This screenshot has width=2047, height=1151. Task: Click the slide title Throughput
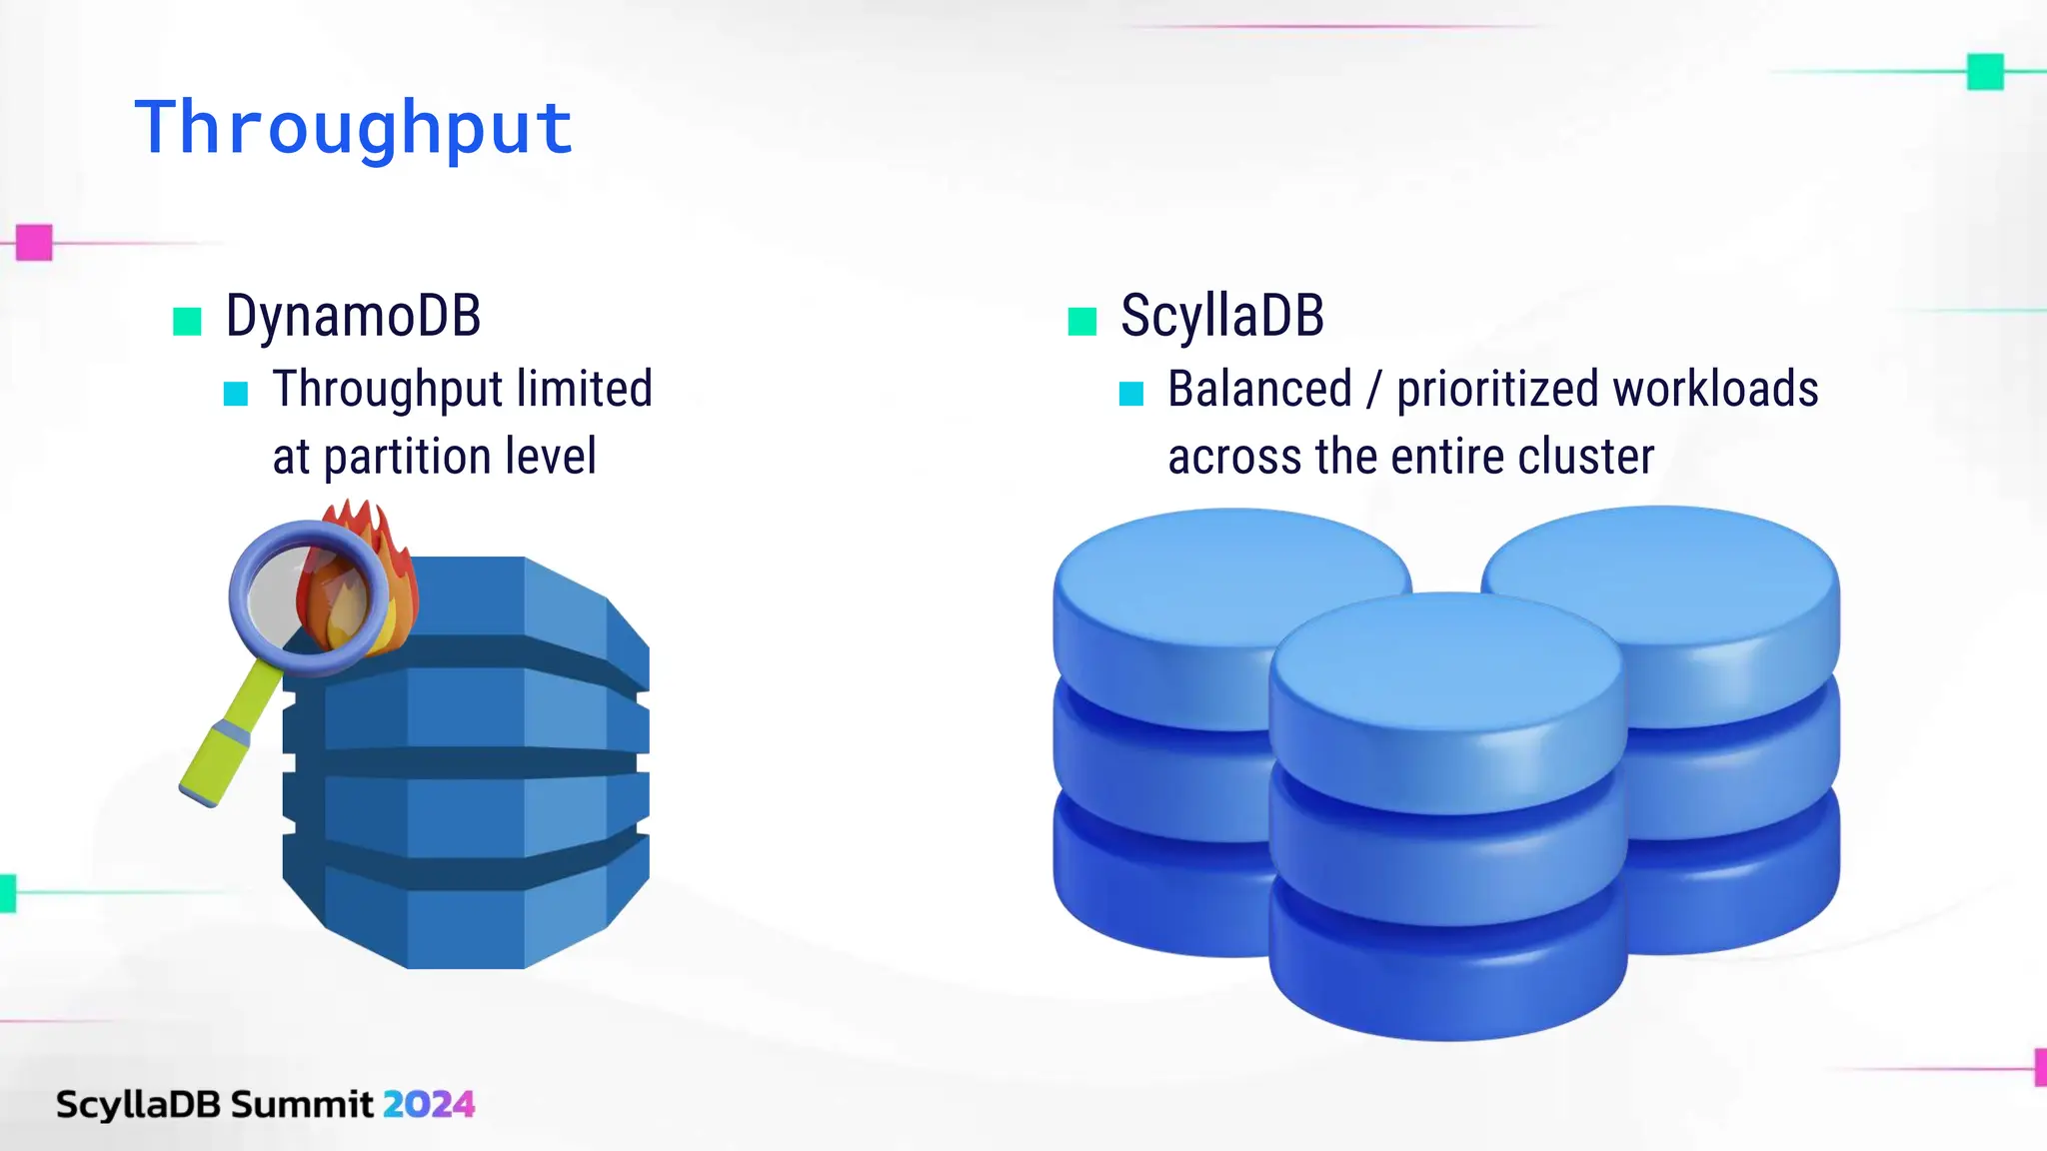pyautogui.click(x=354, y=128)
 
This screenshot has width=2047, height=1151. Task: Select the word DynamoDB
pyautogui.click(x=353, y=316)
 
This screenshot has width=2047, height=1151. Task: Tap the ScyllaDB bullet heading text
pyautogui.click(x=1221, y=316)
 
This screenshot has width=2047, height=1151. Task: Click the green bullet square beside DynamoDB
pyautogui.click(x=187, y=322)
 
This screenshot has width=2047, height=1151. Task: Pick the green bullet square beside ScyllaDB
pyautogui.click(x=1082, y=322)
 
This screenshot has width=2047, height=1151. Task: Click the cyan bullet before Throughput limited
pyautogui.click(x=236, y=394)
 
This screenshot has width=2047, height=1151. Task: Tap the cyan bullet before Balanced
pyautogui.click(x=1130, y=394)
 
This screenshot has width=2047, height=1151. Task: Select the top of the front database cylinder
pyautogui.click(x=1446, y=659)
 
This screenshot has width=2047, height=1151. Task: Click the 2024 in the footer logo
pyautogui.click(x=428, y=1104)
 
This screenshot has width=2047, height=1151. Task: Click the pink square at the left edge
pyautogui.click(x=34, y=243)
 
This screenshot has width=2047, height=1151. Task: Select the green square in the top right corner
pyautogui.click(x=1985, y=72)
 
